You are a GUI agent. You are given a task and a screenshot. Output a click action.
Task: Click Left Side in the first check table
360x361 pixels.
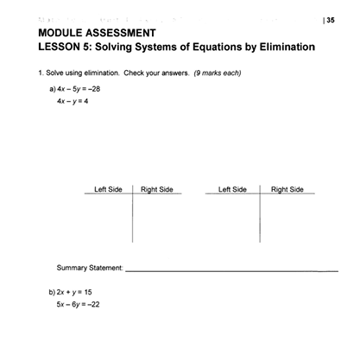coord(108,188)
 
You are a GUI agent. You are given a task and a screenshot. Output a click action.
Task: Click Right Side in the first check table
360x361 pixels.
coord(157,188)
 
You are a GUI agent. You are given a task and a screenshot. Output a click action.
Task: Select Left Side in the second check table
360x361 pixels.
coord(233,188)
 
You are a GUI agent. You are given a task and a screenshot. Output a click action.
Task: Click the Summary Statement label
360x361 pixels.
coord(90,268)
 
